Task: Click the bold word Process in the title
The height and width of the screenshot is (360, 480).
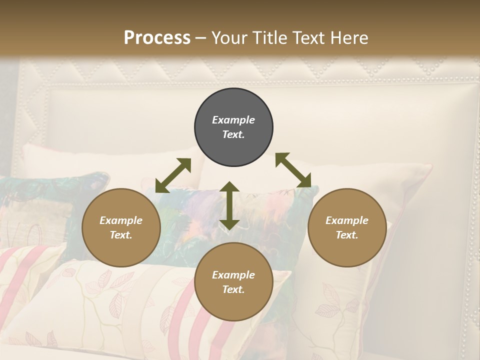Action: coord(157,37)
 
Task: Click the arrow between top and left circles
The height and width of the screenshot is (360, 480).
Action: coord(173,175)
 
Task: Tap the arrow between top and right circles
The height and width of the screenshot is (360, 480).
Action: coord(293,170)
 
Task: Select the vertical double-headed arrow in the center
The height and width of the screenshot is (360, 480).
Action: coord(229,205)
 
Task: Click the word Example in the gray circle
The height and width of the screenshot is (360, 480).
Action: coord(233,120)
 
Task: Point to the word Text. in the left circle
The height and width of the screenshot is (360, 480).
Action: coord(121,235)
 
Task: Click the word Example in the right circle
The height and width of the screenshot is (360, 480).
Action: coord(347,220)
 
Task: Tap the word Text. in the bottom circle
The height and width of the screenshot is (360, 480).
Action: coord(233,289)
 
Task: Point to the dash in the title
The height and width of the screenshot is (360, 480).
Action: coord(200,38)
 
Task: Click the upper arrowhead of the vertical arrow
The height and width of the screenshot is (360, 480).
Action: coord(229,187)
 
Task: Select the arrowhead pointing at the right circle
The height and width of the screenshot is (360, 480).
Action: coord(305,181)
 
